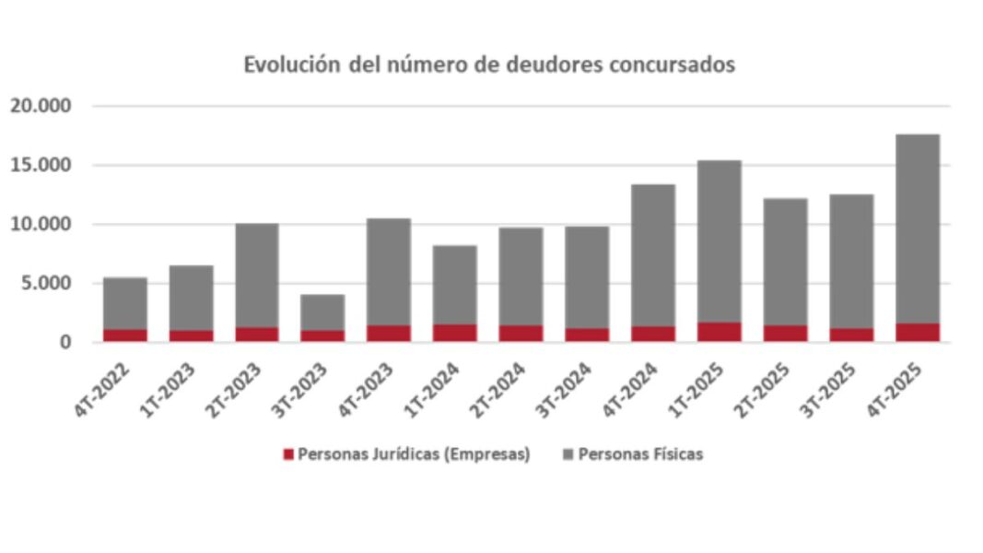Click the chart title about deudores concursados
489,65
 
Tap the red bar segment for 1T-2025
719,332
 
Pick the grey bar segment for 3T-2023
322,312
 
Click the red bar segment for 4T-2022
124,335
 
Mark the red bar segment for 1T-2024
454,333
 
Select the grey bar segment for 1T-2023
191,298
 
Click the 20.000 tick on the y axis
41,107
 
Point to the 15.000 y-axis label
41,166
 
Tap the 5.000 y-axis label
45,284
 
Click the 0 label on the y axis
65,343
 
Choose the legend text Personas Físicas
640,454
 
